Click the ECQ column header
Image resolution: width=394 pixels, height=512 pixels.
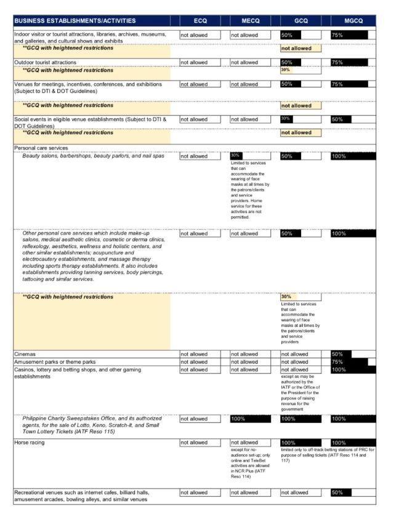pyautogui.click(x=200, y=21)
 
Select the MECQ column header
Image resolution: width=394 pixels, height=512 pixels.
pyautogui.click(x=251, y=21)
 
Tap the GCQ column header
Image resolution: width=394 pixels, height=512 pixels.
pyautogui.click(x=301, y=21)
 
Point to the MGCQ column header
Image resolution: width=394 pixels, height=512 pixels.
pyautogui.click(x=353, y=21)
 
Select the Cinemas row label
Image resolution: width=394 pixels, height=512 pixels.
pyautogui.click(x=25, y=354)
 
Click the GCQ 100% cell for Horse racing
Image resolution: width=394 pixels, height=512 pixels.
pyautogui.click(x=301, y=442)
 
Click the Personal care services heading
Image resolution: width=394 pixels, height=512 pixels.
pyautogui.click(x=41, y=148)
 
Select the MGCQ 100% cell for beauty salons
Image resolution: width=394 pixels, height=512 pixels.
pyautogui.click(x=353, y=156)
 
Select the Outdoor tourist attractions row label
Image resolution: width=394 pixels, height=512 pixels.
pyautogui.click(x=54, y=62)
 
